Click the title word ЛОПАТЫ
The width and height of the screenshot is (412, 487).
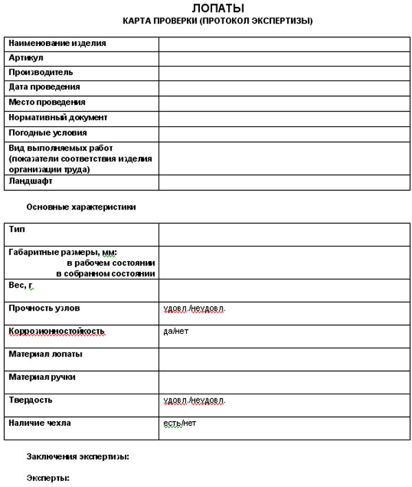coord(218,8)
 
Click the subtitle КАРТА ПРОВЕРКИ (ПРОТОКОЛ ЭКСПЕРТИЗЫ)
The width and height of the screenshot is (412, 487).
coord(218,21)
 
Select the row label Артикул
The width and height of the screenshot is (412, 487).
coord(26,58)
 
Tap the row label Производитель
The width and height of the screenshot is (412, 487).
coord(41,72)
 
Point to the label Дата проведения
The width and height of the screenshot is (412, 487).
coord(45,87)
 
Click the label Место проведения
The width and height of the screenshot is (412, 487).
coord(47,102)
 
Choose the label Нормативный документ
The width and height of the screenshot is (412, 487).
coord(58,117)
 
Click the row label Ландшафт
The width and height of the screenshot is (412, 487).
coord(31,181)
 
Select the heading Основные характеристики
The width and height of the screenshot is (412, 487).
coord(81,206)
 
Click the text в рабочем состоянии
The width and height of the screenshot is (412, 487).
coord(111,262)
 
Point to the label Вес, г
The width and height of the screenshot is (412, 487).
coord(21,284)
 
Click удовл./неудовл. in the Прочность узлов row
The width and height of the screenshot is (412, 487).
coord(194,308)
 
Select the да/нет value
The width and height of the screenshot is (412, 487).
coord(176,331)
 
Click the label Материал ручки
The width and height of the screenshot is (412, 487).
coord(43,376)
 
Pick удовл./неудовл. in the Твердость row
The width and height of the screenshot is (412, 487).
coord(194,400)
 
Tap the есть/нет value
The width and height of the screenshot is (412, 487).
coord(180,423)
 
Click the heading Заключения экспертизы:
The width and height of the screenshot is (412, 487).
coord(78,456)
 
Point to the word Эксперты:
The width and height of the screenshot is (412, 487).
coord(49,477)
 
